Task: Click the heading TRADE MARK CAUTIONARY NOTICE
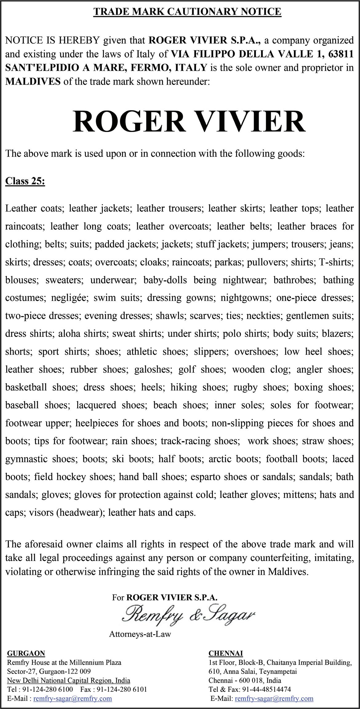[187, 12]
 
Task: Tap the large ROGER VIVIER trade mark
[189, 122]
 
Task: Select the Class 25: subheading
[25, 181]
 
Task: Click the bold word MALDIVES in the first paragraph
[33, 82]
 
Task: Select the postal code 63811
[340, 54]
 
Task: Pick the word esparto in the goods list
[206, 477]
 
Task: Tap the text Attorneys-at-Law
[140, 634]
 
